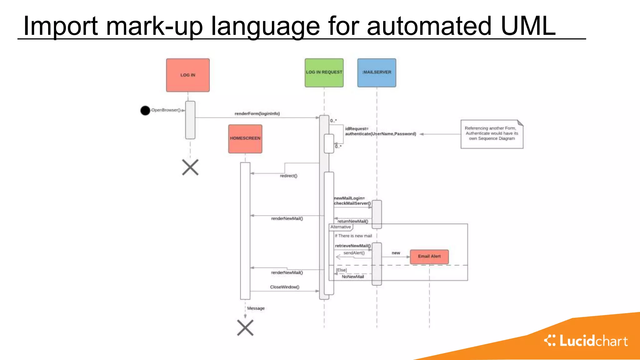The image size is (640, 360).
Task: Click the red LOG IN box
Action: point(187,75)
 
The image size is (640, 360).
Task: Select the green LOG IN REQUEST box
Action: point(324,72)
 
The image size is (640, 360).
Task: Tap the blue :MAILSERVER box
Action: point(377,72)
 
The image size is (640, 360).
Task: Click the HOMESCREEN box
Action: point(245,138)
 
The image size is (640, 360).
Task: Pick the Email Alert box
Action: point(429,256)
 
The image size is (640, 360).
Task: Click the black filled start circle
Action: point(145,110)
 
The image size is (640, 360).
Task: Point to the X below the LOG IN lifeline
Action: point(190,167)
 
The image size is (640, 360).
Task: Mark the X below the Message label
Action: point(245,327)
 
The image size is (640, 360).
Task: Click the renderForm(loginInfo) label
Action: point(257,114)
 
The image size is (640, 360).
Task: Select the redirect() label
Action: point(288,176)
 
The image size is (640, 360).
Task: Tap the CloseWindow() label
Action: point(284,287)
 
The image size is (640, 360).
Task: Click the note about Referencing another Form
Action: point(491,134)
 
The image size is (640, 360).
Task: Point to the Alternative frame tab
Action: point(341,227)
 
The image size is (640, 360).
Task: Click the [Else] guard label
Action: point(341,270)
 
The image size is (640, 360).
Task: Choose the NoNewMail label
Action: point(352,277)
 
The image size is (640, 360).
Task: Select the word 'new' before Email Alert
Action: point(396,253)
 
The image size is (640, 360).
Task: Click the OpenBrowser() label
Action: point(166,110)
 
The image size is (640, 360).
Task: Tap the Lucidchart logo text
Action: point(593,341)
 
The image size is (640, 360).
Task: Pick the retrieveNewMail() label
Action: point(352,246)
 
